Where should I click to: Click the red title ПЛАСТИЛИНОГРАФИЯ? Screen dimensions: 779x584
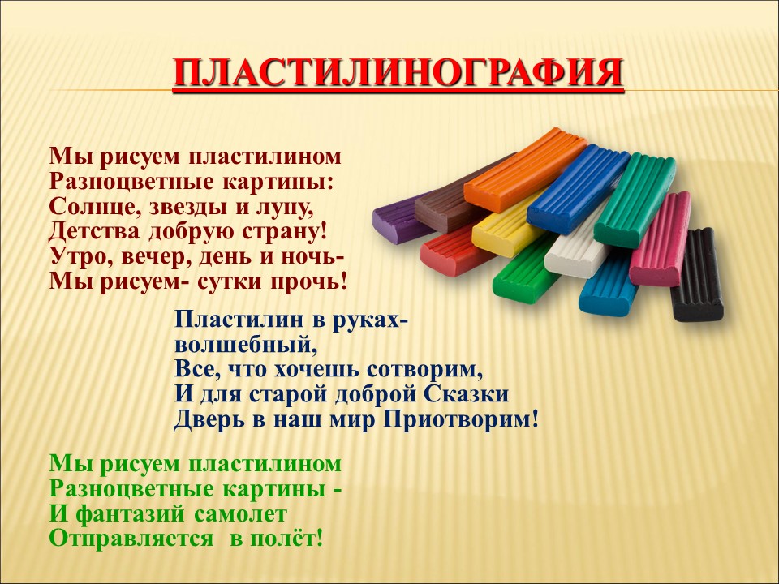click(x=398, y=74)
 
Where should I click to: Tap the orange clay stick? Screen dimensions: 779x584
click(x=526, y=169)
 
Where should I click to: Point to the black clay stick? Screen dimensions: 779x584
click(x=696, y=275)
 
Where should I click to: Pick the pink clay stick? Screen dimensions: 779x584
click(x=660, y=238)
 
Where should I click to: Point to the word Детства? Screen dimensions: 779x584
click(x=93, y=231)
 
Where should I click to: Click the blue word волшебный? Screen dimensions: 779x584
click(x=245, y=345)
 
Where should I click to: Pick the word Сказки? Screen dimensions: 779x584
click(x=467, y=394)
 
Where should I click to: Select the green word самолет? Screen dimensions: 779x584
click(x=240, y=514)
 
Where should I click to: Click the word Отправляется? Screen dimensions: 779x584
click(x=131, y=539)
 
